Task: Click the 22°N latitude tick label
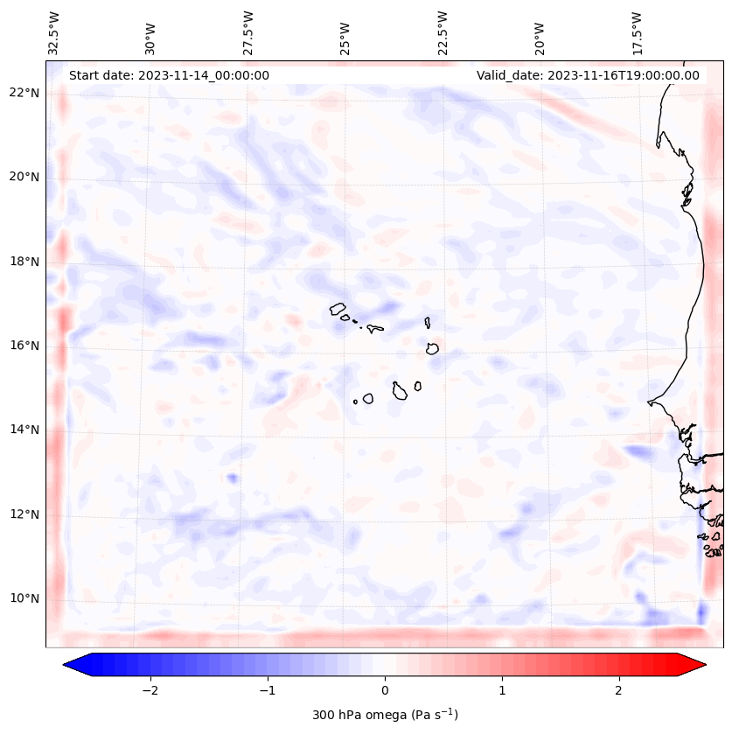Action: [24, 93]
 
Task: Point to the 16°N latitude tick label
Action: [24, 346]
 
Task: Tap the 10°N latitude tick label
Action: [24, 598]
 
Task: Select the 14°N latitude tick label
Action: [24, 430]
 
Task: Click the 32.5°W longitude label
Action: [54, 32]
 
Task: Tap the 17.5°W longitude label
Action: [636, 32]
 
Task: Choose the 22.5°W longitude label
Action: [443, 32]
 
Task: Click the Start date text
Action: [169, 75]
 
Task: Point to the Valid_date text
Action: [588, 75]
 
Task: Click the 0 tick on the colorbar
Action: [385, 689]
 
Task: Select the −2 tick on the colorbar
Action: [150, 689]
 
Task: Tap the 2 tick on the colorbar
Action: [619, 689]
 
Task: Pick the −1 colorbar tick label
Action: [267, 689]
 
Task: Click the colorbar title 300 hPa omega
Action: [385, 715]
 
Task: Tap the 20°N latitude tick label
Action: [24, 177]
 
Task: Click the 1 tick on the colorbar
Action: [502, 689]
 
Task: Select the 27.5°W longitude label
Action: [248, 32]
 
